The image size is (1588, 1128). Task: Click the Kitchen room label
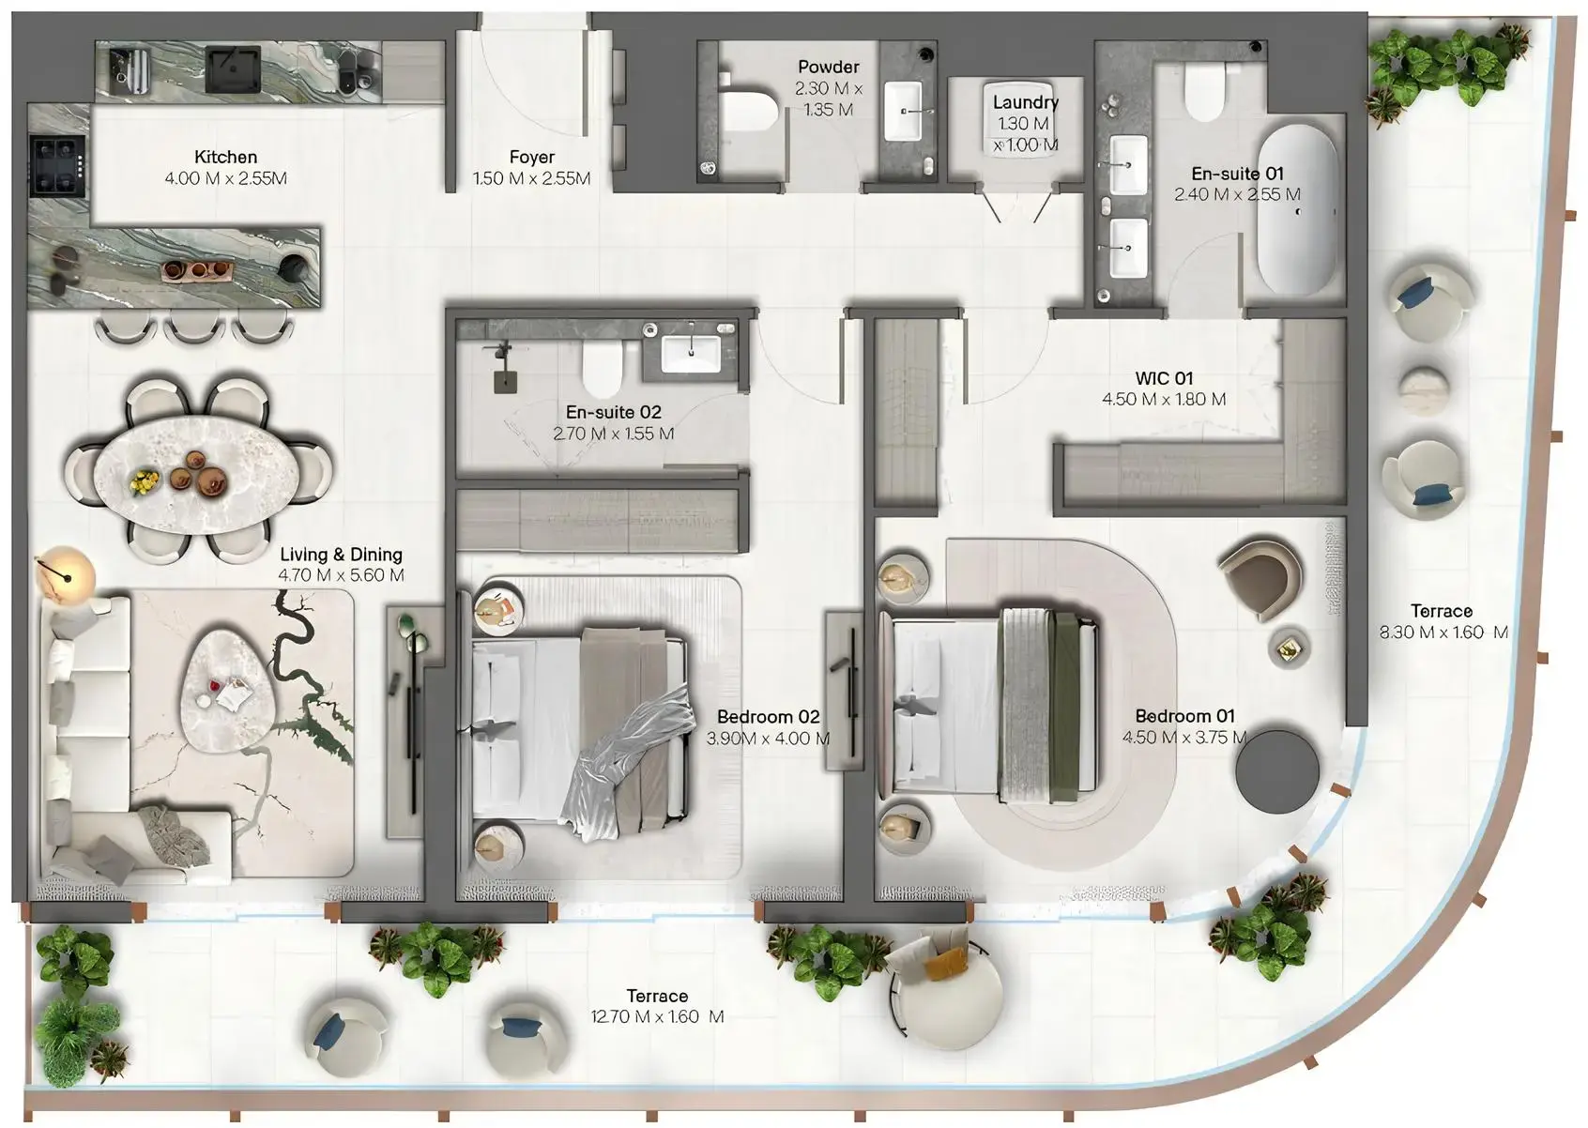[225, 157]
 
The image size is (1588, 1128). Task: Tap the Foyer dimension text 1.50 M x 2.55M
[531, 178]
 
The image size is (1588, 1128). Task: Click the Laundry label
[1025, 102]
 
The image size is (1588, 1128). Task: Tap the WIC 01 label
[1164, 378]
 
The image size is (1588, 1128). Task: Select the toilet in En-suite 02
[602, 369]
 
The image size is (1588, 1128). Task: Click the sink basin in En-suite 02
[691, 355]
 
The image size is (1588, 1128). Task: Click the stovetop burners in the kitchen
[58, 164]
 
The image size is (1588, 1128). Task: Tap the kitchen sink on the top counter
[232, 69]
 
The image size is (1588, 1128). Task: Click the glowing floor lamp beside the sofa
[66, 573]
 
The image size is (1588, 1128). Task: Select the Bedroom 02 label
[768, 717]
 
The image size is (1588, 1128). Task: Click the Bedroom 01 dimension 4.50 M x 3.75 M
[1184, 738]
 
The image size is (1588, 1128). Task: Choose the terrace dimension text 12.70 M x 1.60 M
[657, 1017]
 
